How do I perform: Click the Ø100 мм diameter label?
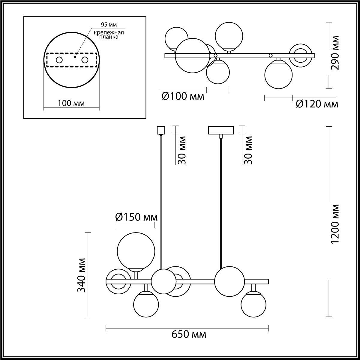(183, 97)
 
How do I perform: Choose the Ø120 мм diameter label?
(317, 104)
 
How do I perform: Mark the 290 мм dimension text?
(335, 53)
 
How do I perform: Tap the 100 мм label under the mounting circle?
(71, 103)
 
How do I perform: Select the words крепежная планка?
(105, 35)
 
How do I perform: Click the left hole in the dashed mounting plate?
(59, 60)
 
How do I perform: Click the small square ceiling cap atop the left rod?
(161, 130)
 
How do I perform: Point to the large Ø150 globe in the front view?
(136, 251)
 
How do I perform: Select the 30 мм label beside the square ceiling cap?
(182, 150)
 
